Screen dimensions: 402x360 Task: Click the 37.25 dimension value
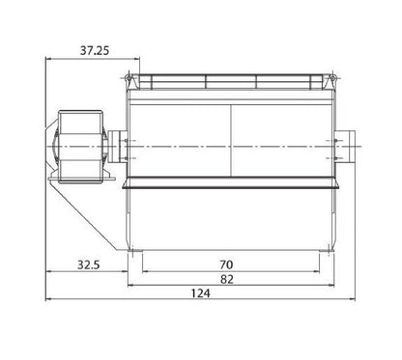pyautogui.click(x=95, y=50)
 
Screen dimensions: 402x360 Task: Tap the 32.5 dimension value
pyautogui.click(x=89, y=264)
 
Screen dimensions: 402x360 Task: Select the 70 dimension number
pyautogui.click(x=226, y=264)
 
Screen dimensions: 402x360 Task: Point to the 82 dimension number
pyautogui.click(x=227, y=279)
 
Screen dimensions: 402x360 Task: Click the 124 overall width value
pyautogui.click(x=201, y=293)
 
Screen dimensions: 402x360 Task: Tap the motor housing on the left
pyautogui.click(x=80, y=147)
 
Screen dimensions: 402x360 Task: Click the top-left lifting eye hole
pyautogui.click(x=129, y=78)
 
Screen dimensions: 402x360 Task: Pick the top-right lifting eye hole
pyautogui.click(x=332, y=78)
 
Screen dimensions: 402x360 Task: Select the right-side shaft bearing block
pyautogui.click(x=345, y=147)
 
